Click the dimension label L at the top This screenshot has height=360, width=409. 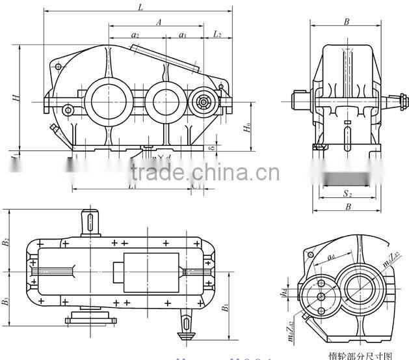tap(141, 7)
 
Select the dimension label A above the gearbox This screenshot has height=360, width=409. tap(159, 21)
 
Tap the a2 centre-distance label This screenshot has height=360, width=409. tap(135, 34)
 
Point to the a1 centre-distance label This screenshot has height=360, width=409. tap(183, 34)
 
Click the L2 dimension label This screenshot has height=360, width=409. tap(217, 33)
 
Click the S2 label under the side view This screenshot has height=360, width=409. tap(347, 194)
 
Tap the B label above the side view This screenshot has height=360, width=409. tap(347, 21)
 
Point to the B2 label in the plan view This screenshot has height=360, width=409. tap(6, 242)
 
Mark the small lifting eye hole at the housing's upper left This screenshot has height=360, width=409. tap(59, 66)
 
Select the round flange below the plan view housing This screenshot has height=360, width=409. tap(89, 318)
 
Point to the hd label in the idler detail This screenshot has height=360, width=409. tap(302, 292)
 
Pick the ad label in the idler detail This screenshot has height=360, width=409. tap(331, 258)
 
